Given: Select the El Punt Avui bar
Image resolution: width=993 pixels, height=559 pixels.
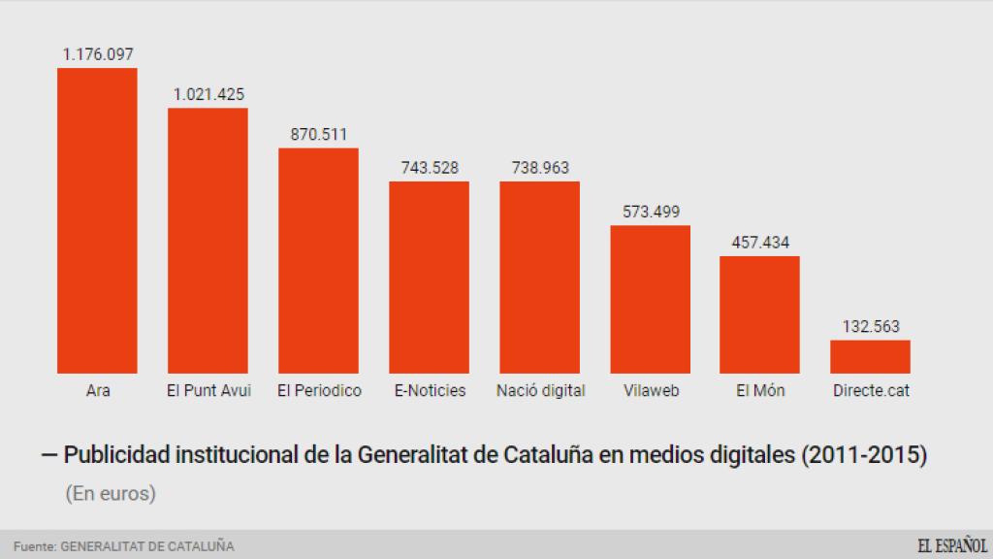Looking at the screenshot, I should [208, 241].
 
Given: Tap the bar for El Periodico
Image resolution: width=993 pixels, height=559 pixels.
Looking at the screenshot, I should [318, 260].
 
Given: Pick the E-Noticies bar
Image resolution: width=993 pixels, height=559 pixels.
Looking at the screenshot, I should [429, 278].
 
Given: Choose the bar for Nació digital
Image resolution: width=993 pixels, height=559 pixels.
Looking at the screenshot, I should [539, 278].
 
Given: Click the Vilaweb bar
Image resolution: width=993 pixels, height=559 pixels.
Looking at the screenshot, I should [650, 299].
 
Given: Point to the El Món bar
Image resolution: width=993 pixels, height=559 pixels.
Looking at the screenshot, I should [760, 314].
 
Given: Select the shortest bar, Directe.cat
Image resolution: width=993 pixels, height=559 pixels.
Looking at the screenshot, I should [870, 356].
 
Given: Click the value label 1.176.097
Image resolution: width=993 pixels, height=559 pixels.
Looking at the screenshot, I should [97, 55].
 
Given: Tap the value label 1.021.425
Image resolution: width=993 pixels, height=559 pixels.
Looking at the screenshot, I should [208, 95].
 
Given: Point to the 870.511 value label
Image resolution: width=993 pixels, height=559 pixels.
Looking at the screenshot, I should [319, 135].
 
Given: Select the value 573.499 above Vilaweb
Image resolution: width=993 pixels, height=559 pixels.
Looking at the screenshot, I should [650, 213].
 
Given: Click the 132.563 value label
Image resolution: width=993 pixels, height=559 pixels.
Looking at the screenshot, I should [870, 327].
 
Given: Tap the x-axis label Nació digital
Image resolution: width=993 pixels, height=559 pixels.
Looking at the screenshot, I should [540, 391].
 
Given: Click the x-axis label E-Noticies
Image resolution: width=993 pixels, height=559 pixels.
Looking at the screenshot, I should [430, 391].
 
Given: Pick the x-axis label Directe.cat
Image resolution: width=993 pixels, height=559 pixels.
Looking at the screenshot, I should [871, 391].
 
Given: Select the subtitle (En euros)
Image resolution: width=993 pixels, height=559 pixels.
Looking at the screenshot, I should [111, 493].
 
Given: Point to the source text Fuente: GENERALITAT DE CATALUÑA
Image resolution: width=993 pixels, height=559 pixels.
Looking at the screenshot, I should [123, 546].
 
